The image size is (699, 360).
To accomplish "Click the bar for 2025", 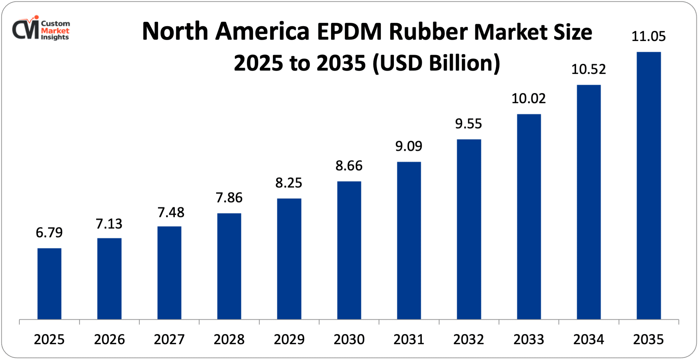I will point(49,283).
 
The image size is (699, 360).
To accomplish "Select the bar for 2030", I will point(349,250).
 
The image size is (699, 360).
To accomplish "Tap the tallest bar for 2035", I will point(649,185).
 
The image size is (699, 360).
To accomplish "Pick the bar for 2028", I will point(229,266).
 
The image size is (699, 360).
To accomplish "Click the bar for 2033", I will point(529,217).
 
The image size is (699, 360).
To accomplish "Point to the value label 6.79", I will point(49,232).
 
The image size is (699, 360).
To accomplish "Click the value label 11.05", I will point(649,36).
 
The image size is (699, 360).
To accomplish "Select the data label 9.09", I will point(409,146).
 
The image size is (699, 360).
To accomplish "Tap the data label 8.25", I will point(289,183).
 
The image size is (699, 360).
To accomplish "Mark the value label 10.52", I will point(589,69).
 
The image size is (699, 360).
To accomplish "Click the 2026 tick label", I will point(109,340).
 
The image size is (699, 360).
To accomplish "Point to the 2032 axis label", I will point(469,340).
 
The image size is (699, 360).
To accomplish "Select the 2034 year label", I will point(589,340).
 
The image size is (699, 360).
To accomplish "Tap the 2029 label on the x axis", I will point(289,340).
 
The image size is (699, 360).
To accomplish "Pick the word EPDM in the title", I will point(349,32).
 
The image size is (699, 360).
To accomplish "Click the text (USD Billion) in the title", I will point(436,63).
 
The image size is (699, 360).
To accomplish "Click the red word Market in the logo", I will point(55,31).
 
